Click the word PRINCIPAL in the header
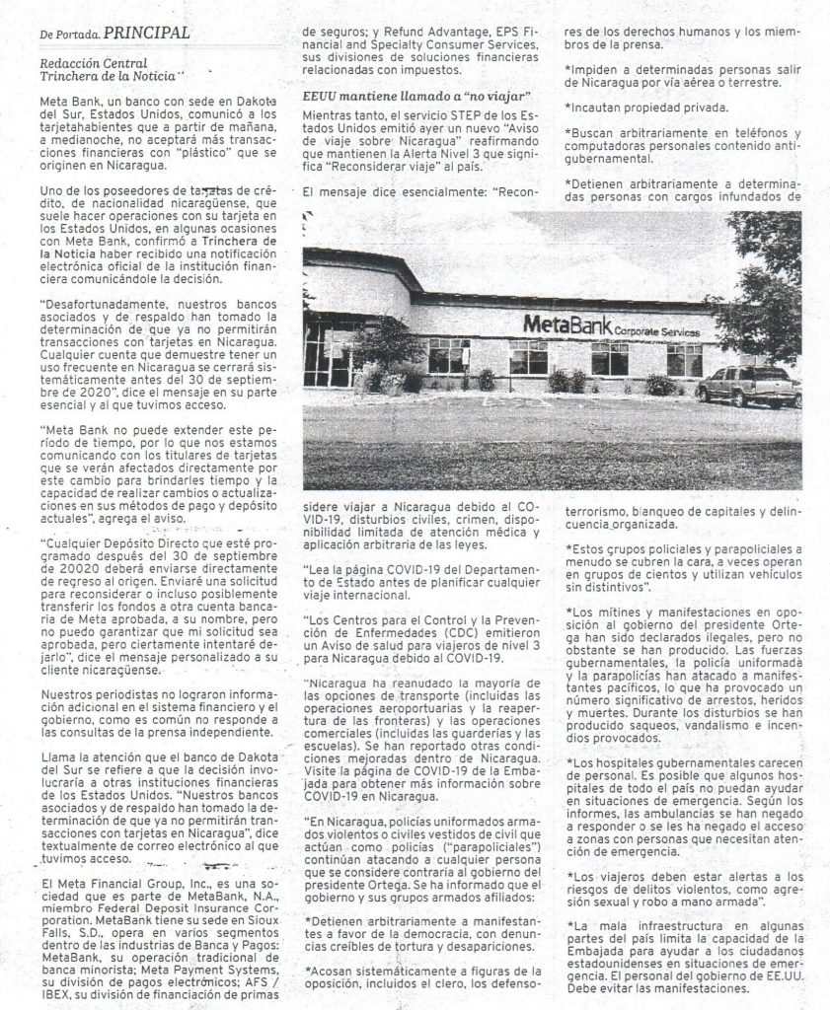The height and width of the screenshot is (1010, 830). tap(146, 33)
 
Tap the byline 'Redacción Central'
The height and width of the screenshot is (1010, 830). tap(86, 61)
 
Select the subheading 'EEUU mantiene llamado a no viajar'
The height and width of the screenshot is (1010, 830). tap(417, 96)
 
